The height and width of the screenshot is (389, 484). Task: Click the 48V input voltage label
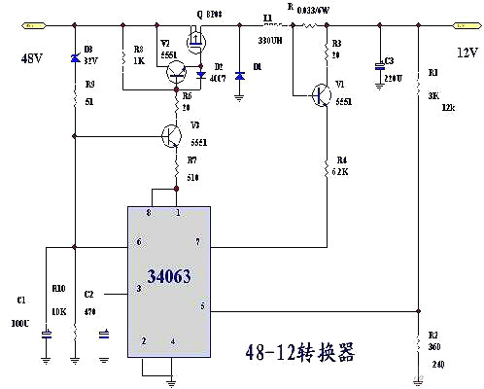[x=31, y=59]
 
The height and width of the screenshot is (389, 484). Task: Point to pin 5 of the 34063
[x=202, y=307]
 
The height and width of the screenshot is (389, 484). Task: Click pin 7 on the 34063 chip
[x=197, y=241]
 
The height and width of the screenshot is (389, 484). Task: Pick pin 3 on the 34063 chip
[x=138, y=288]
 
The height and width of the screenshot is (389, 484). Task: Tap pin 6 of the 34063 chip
[x=138, y=242]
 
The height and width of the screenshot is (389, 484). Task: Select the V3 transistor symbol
[x=172, y=135]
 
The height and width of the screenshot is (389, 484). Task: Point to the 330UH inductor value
[x=269, y=42]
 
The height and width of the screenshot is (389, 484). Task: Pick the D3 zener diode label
[x=88, y=48]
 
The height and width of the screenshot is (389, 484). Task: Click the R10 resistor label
[x=57, y=289]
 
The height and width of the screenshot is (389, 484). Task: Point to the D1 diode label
[x=256, y=66]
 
